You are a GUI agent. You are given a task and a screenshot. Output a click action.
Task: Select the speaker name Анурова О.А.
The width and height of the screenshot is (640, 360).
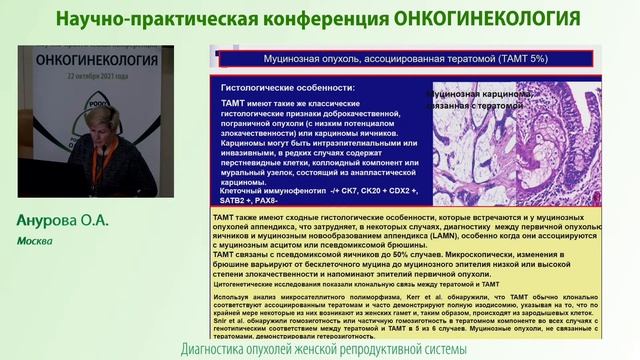pos(63,221)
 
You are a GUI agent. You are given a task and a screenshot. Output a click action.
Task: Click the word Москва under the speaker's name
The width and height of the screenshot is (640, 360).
pos(35,241)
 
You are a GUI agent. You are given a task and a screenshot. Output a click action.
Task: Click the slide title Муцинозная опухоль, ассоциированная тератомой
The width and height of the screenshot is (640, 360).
pos(359,59)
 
